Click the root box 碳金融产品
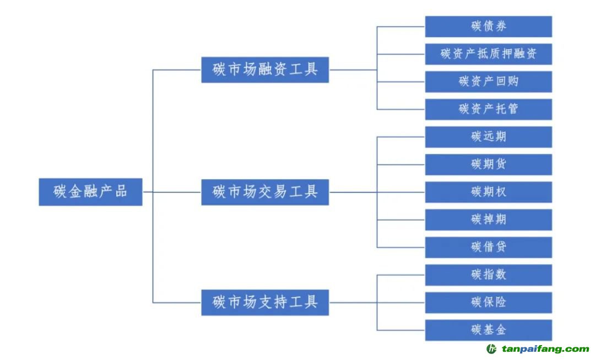coord(90,192)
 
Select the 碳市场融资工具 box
coord(265,70)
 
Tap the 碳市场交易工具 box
coord(265,192)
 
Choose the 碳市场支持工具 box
coord(265,302)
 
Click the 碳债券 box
coord(488,26)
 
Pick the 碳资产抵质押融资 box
coord(488,54)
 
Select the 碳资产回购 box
coord(488,82)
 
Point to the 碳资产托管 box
coord(488,109)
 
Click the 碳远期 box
coord(488,137)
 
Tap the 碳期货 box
coord(488,164)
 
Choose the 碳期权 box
coord(488,192)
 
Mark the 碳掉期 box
coord(488,219)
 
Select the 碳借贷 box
coord(488,247)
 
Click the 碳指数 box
coord(488,275)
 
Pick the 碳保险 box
coord(488,302)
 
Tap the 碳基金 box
coord(488,330)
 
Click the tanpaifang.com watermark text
coord(545,349)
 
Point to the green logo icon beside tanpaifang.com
coord(491,349)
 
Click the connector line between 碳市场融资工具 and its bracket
coord(353,70)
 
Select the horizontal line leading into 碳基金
coord(401,330)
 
